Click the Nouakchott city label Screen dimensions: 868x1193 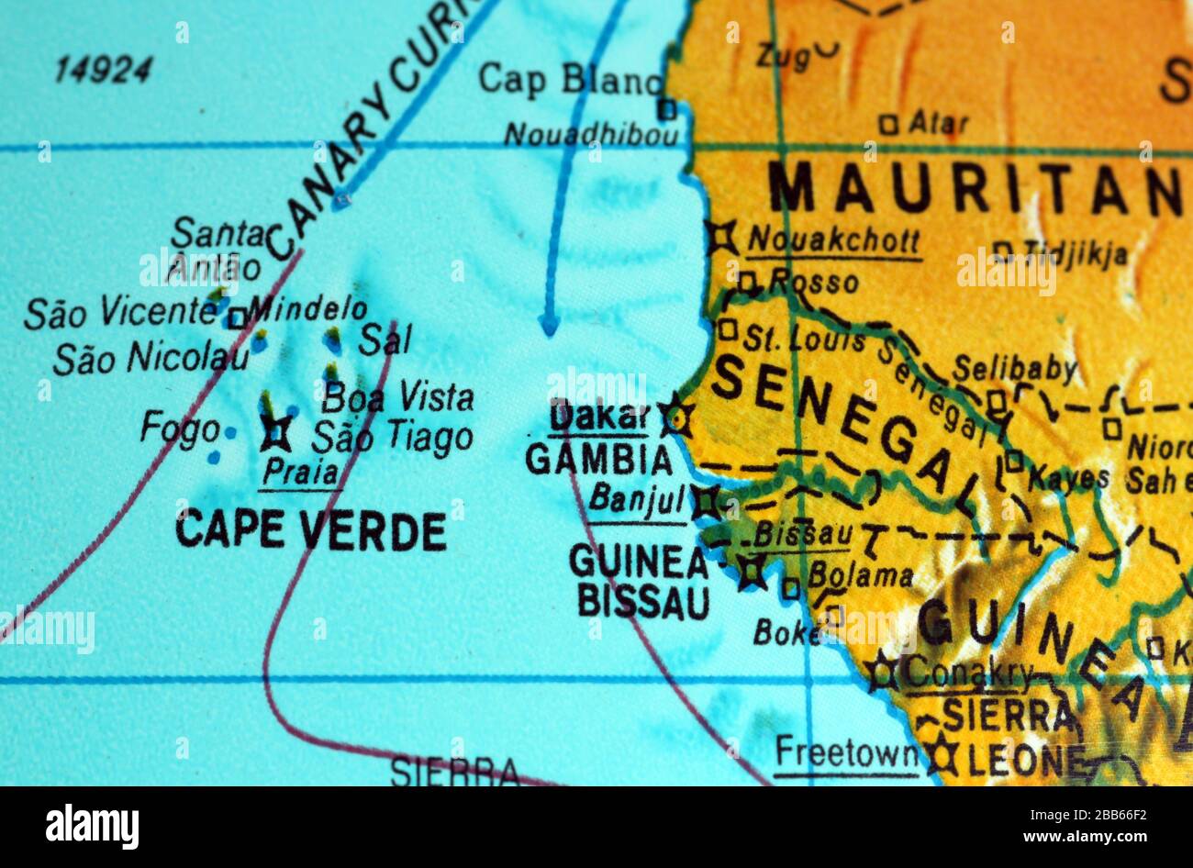pos(833,240)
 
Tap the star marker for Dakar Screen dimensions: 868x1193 pos(676,417)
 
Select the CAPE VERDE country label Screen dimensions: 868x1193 pos(310,530)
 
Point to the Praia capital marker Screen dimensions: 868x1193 pos(275,432)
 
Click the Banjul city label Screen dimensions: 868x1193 pos(637,500)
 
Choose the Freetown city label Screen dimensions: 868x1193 pos(845,755)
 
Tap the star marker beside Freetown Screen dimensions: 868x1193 pos(942,757)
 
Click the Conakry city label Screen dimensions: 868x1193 pos(967,674)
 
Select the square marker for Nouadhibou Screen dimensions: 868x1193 pos(667,110)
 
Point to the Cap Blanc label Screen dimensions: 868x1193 pos(569,80)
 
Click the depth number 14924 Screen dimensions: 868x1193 pos(103,70)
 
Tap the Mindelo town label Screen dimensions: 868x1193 pos(307,309)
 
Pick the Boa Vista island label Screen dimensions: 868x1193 pos(398,398)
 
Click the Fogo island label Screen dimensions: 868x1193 pos(180,428)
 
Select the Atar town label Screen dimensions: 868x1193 pos(937,123)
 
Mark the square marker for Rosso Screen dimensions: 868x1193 pos(747,282)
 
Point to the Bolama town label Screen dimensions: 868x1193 pos(859,576)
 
